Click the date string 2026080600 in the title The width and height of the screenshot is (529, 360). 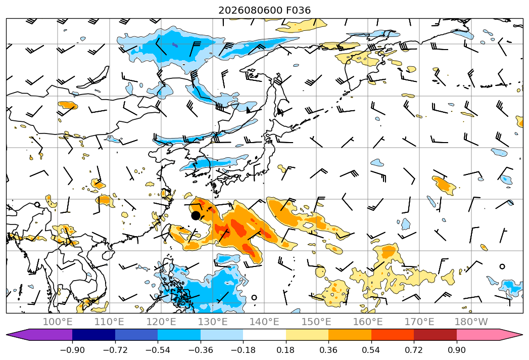coord(250,10)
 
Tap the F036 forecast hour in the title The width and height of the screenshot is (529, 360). coord(298,10)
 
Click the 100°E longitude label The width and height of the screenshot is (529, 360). coord(58,322)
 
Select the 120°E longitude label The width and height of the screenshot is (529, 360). coord(161,322)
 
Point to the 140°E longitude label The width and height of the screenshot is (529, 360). coord(264,322)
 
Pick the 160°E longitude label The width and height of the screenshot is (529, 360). coord(368,322)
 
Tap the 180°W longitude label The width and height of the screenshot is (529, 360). coord(471,322)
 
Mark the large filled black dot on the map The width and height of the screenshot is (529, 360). coord(196,215)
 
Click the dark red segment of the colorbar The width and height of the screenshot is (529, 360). coord(435,335)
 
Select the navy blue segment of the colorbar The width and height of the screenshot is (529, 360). coord(94,335)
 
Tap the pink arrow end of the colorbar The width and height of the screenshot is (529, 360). coord(490,335)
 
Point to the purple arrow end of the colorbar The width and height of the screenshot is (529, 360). coord(39,335)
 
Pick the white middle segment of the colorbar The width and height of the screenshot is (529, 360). coord(265,335)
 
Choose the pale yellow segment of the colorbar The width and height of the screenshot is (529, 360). coord(307,335)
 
